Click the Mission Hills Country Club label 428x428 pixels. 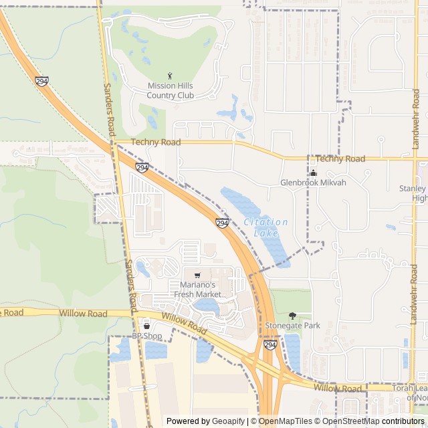pyautogui.click(x=171, y=91)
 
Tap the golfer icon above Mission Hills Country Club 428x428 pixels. pyautogui.click(x=170, y=76)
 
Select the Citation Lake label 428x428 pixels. pyautogui.click(x=265, y=227)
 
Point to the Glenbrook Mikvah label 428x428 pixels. pyautogui.click(x=313, y=183)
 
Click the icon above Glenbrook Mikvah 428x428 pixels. pyautogui.click(x=313, y=173)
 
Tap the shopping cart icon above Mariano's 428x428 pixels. pyautogui.click(x=197, y=276)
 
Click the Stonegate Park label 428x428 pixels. pyautogui.click(x=292, y=326)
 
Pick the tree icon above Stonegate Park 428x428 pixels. pyautogui.click(x=292, y=315)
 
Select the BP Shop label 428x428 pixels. pyautogui.click(x=146, y=336)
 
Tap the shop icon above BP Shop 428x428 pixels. pyautogui.click(x=146, y=326)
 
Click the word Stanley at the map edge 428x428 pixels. pyautogui.click(x=412, y=189)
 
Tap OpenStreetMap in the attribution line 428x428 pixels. pyautogui.click(x=351, y=421)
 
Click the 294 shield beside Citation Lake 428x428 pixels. pyautogui.click(x=222, y=222)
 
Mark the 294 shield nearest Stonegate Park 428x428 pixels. pyautogui.click(x=270, y=345)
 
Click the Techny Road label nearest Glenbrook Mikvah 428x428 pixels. pyautogui.click(x=340, y=158)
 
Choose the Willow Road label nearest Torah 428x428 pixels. pyautogui.click(x=337, y=388)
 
